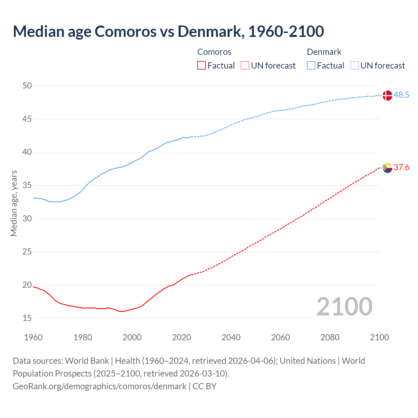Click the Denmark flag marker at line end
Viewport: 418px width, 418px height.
pos(387,95)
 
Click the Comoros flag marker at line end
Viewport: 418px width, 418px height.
pos(387,168)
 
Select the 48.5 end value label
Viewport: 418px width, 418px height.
pos(401,95)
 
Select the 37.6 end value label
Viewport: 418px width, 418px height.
pos(401,168)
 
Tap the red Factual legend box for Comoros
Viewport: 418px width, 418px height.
pos(201,66)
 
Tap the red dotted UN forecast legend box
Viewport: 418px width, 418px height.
pos(245,66)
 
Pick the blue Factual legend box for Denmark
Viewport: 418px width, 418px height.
pos(311,66)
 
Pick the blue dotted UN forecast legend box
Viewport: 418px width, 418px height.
pos(354,66)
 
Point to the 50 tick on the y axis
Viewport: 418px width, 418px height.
pos(27,86)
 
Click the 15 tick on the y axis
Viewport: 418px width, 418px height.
pos(27,318)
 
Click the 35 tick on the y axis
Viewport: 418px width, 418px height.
pos(27,185)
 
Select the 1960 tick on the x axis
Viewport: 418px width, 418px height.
pos(33,337)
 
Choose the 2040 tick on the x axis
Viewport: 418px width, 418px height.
pos(231,337)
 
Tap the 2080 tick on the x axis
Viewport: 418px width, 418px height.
pos(330,337)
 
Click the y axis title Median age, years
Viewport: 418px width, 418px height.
pos(14,203)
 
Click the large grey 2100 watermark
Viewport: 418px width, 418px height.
pos(344,307)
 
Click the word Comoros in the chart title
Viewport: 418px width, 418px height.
pos(125,31)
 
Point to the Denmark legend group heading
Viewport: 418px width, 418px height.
pos(324,52)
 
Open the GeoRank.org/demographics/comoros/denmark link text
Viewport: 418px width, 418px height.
pos(100,386)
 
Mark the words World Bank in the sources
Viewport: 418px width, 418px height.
pos(87,361)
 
